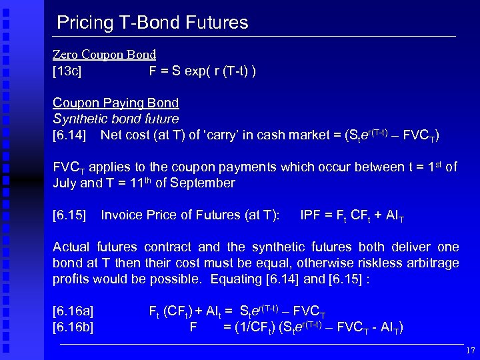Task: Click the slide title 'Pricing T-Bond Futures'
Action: (x=152, y=23)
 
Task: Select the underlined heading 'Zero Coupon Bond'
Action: (x=104, y=55)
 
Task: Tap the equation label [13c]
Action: (x=67, y=71)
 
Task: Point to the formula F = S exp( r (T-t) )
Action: (x=203, y=71)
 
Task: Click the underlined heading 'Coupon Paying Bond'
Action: (x=115, y=103)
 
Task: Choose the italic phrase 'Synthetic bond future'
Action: (x=115, y=119)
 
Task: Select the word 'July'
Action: (x=65, y=183)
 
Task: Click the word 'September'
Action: (x=203, y=183)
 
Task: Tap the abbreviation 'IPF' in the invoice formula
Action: (x=311, y=215)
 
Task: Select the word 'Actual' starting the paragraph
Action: (x=72, y=247)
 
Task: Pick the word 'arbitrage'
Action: (x=435, y=263)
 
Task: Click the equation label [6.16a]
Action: (x=73, y=311)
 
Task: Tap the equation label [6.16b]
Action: (x=73, y=327)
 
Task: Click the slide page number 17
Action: (x=470, y=350)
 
